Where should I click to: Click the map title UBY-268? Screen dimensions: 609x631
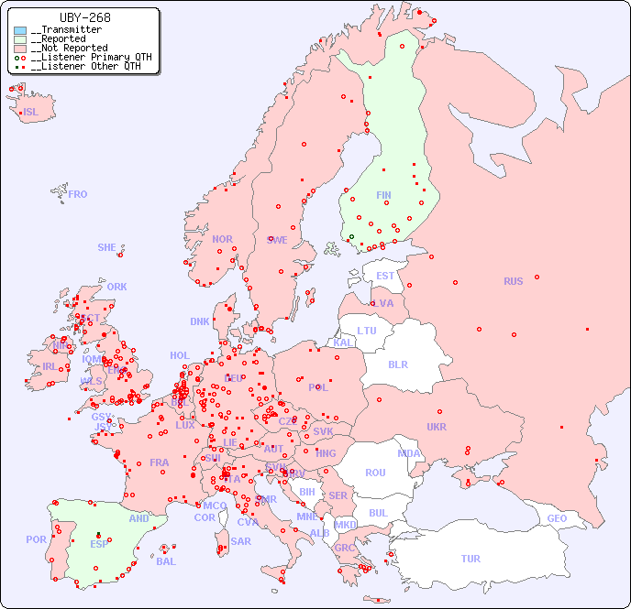pyautogui.click(x=84, y=17)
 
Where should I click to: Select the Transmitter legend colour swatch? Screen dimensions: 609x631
pyautogui.click(x=20, y=30)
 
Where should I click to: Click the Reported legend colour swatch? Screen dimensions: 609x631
pyautogui.click(x=20, y=39)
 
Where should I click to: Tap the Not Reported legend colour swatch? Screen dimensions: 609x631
pyautogui.click(x=20, y=49)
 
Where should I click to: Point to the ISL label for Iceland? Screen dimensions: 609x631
pyautogui.click(x=31, y=113)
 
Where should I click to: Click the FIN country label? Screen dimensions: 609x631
pyautogui.click(x=383, y=195)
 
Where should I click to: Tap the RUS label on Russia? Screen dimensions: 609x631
pyautogui.click(x=513, y=281)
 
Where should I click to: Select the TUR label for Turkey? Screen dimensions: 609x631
pyautogui.click(x=470, y=559)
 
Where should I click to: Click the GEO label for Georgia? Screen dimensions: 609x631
pyautogui.click(x=557, y=518)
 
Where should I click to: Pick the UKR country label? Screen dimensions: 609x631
pyautogui.click(x=437, y=427)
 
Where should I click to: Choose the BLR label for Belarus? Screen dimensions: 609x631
pyautogui.click(x=398, y=364)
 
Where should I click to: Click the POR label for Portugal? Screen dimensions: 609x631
pyautogui.click(x=36, y=539)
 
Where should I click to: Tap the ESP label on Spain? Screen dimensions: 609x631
pyautogui.click(x=99, y=543)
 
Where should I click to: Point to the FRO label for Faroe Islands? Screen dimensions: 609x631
pyautogui.click(x=78, y=194)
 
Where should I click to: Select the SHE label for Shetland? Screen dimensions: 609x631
pyautogui.click(x=107, y=247)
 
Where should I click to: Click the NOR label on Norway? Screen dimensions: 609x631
pyautogui.click(x=222, y=239)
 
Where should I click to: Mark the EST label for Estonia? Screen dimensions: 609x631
pyautogui.click(x=385, y=276)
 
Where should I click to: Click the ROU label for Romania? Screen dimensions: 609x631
pyautogui.click(x=375, y=473)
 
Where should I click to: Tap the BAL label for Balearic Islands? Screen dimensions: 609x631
pyautogui.click(x=166, y=561)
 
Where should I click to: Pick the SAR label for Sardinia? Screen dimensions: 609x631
pyautogui.click(x=240, y=541)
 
